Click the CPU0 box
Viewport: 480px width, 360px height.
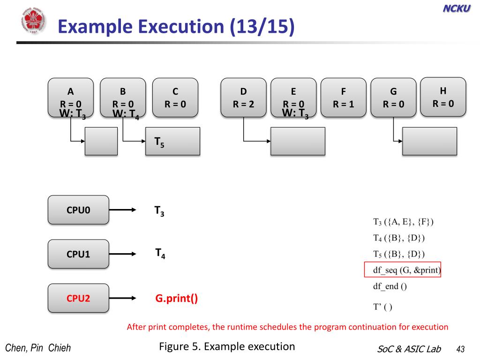coord(78,210)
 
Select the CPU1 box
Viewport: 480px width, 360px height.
coord(78,254)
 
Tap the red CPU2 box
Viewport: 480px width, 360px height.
coord(78,298)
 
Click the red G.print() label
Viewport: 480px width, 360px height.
coord(176,298)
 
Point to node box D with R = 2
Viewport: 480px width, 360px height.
coord(243,97)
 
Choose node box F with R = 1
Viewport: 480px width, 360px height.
coord(343,97)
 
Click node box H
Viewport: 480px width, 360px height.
coord(443,97)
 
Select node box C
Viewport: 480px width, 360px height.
coord(175,97)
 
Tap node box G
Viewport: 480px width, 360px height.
coord(393,97)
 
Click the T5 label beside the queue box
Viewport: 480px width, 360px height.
coord(159,141)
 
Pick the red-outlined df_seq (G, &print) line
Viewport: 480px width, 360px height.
coord(403,270)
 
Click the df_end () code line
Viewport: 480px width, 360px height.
coord(390,287)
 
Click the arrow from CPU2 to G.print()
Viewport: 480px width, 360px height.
coord(123,298)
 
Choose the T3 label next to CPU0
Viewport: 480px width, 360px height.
coord(159,211)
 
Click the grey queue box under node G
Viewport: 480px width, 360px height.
coord(429,141)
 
